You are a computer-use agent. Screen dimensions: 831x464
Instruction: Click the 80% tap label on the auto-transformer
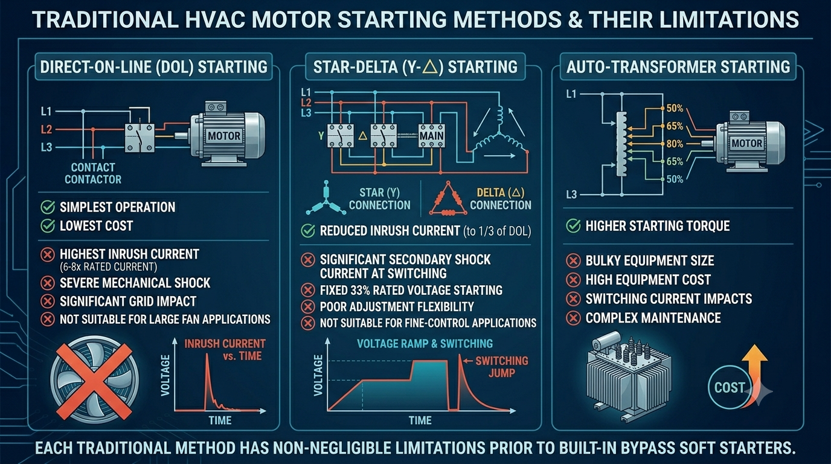tap(675, 144)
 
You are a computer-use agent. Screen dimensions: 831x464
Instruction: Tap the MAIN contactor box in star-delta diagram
tap(431, 136)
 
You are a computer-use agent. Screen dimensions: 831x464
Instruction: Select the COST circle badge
tap(730, 387)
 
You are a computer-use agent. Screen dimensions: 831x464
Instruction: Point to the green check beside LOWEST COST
tap(48, 226)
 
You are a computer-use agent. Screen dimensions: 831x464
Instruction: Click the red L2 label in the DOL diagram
tap(47, 129)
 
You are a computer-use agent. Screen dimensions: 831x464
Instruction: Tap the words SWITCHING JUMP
tap(502, 367)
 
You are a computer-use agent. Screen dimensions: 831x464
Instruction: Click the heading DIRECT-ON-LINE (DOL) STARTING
tap(153, 67)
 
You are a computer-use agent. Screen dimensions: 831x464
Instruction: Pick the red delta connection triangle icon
tap(448, 199)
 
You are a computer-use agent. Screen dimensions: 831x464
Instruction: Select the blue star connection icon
tap(326, 199)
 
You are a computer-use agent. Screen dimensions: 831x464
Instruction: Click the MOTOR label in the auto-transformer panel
tap(746, 143)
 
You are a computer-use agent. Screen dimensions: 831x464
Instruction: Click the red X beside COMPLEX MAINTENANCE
tap(573, 318)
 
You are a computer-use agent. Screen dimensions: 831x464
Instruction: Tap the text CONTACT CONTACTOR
tap(93, 173)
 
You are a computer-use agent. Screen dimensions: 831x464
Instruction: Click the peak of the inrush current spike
tap(207, 354)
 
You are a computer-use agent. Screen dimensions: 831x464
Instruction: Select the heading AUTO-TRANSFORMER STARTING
tap(678, 67)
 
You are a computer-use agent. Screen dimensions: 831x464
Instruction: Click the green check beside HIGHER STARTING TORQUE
tap(573, 226)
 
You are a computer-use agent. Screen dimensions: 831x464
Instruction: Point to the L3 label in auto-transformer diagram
tap(571, 195)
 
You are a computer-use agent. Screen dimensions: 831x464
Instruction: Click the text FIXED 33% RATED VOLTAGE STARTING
tap(411, 290)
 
